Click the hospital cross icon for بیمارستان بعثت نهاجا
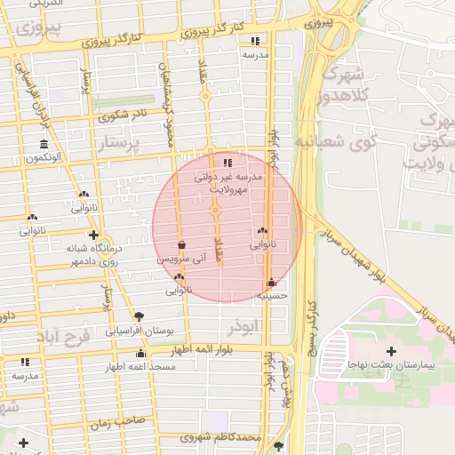(x=392, y=352)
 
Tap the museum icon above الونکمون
(x=44, y=145)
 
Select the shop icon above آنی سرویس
(x=182, y=245)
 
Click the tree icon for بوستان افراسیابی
(x=139, y=316)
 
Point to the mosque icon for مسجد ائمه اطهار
(x=140, y=355)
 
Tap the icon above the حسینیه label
(x=271, y=283)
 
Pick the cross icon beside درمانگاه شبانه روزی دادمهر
(x=93, y=235)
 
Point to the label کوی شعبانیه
(x=336, y=140)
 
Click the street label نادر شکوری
(x=123, y=115)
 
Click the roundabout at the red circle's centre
(x=215, y=212)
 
